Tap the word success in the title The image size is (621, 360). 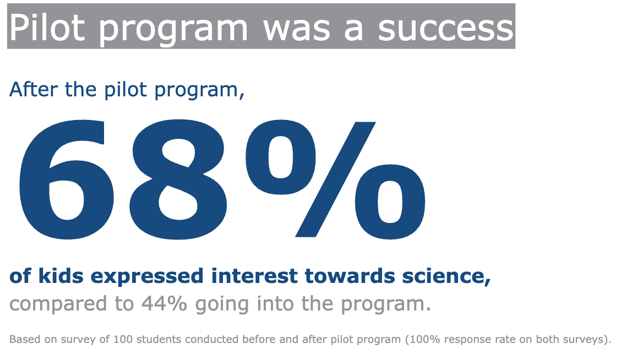pyautogui.click(x=445, y=29)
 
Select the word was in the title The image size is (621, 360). pyautogui.click(x=297, y=29)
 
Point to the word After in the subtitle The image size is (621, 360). pyautogui.click(x=33, y=90)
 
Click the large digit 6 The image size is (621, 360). pyautogui.click(x=66, y=180)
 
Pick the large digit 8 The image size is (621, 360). pyautogui.click(x=178, y=180)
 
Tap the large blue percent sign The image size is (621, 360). pyautogui.click(x=335, y=180)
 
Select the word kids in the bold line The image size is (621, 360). pyautogui.click(x=61, y=276)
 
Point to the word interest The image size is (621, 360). pyautogui.click(x=254, y=276)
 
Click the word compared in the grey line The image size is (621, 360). pyautogui.click(x=58, y=305)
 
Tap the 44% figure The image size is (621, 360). pyautogui.click(x=165, y=304)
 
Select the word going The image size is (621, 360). pyautogui.click(x=222, y=305)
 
